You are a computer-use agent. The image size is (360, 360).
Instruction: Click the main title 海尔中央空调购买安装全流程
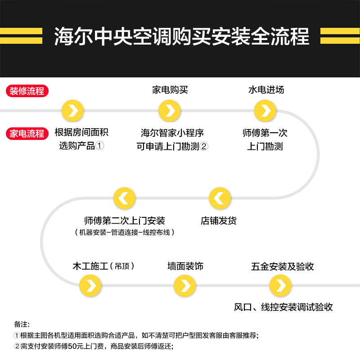point(181,36)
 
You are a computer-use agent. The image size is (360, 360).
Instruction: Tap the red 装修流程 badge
point(27,90)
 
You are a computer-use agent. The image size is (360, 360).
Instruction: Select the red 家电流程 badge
point(27,133)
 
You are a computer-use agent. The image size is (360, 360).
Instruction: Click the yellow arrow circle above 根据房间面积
point(72,111)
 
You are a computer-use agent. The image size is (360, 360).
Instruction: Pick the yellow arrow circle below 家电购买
point(170,111)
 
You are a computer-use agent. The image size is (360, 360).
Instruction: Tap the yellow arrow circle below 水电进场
point(265,111)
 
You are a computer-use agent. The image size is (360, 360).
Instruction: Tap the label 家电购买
point(170,90)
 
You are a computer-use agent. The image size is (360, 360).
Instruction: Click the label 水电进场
point(266,90)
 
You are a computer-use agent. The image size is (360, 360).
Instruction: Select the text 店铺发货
point(219,221)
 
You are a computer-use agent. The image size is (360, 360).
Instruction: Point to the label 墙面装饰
point(185,266)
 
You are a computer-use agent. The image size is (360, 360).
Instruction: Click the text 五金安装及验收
point(283,266)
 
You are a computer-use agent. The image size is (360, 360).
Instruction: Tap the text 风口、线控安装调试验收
point(283,307)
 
